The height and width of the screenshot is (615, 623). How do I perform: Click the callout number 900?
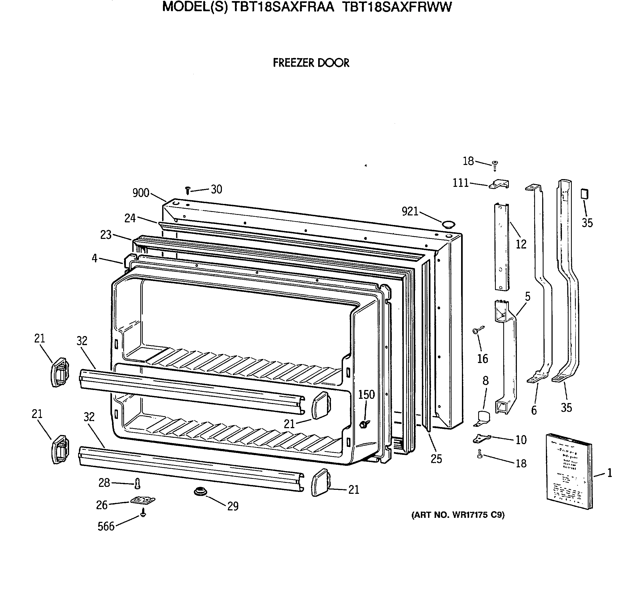pyautogui.click(x=141, y=193)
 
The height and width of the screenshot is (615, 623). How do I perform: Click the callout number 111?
pyautogui.click(x=461, y=183)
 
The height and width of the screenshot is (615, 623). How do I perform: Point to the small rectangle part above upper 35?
pyautogui.click(x=584, y=194)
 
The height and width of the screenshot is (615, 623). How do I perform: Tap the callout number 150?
pyautogui.click(x=367, y=394)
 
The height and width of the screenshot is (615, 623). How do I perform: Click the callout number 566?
pyautogui.click(x=106, y=526)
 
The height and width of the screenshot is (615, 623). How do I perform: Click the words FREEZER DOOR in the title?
pyautogui.click(x=311, y=63)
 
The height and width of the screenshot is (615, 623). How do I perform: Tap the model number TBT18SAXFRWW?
pyautogui.click(x=397, y=7)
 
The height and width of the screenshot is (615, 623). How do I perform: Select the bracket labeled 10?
pyautogui.click(x=482, y=439)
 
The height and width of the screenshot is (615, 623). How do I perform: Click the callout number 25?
pyautogui.click(x=436, y=459)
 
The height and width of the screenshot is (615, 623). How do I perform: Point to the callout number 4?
pyautogui.click(x=94, y=258)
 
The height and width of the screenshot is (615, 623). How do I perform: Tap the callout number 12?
pyautogui.click(x=521, y=244)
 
